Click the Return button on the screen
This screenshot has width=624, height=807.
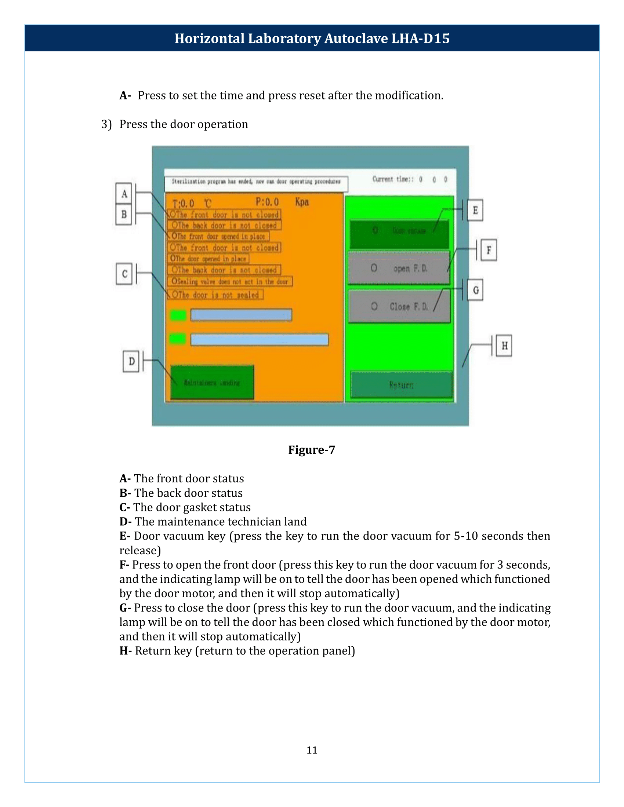coord(401,385)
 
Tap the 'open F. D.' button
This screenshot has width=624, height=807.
coord(399,268)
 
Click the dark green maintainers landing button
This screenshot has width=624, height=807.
coord(212,383)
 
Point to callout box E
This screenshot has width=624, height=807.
coord(475,210)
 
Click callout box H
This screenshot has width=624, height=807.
coord(504,346)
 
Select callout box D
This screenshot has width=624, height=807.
coord(131,361)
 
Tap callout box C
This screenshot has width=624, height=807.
coord(124,274)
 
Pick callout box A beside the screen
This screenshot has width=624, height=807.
coord(124,193)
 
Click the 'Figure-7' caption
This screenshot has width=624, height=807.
coord(312,450)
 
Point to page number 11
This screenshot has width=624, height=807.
coord(312,750)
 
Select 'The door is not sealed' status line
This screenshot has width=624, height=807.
coord(215,295)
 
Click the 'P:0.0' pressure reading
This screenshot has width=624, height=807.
coord(267,202)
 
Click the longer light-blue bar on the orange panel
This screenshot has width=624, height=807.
coord(260,340)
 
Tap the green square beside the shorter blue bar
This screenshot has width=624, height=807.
coord(178,315)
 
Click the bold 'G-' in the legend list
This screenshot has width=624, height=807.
coord(125,608)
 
